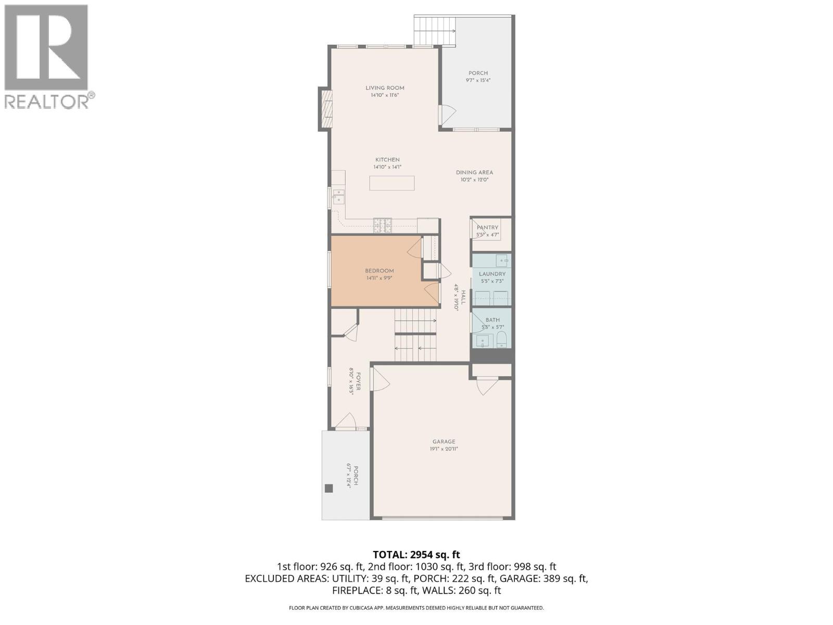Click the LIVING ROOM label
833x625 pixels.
385,88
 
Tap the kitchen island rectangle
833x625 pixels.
392,183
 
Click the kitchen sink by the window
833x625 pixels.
338,196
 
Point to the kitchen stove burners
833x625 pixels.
382,226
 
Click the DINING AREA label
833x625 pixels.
474,172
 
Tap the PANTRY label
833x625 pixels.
487,228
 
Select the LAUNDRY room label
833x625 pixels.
492,274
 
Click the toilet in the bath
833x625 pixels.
501,341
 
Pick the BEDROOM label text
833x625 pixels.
379,271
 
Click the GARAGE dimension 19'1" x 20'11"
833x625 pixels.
444,449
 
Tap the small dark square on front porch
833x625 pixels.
329,488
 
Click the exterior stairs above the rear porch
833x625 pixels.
435,31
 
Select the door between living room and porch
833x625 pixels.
446,115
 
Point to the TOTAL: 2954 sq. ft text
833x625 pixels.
416,555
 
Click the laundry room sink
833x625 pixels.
502,260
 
